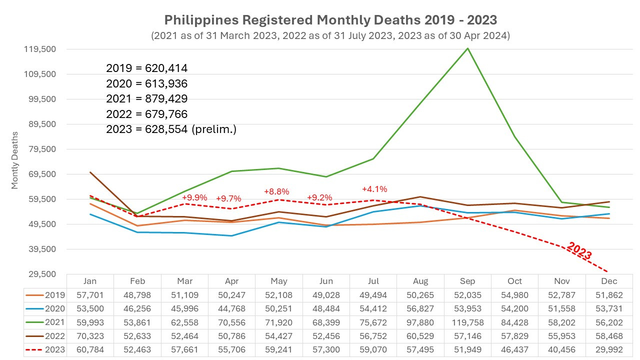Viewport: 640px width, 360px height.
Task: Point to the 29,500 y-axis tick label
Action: (43, 274)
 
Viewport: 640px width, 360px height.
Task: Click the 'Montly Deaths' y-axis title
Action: (14, 160)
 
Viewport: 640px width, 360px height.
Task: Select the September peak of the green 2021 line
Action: (467, 48)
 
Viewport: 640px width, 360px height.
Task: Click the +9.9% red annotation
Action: (194, 197)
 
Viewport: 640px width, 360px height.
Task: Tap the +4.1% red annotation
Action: (374, 189)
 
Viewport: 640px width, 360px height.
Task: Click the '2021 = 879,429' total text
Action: (146, 98)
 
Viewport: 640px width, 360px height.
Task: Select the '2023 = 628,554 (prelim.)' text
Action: (171, 129)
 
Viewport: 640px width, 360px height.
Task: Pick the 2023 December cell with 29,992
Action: (609, 349)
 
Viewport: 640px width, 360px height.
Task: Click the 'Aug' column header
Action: (420, 281)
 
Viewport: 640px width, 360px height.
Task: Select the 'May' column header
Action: (279, 281)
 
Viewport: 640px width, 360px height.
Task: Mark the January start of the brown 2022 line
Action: (90, 172)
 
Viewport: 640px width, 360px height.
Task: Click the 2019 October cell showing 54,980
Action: (514, 295)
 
